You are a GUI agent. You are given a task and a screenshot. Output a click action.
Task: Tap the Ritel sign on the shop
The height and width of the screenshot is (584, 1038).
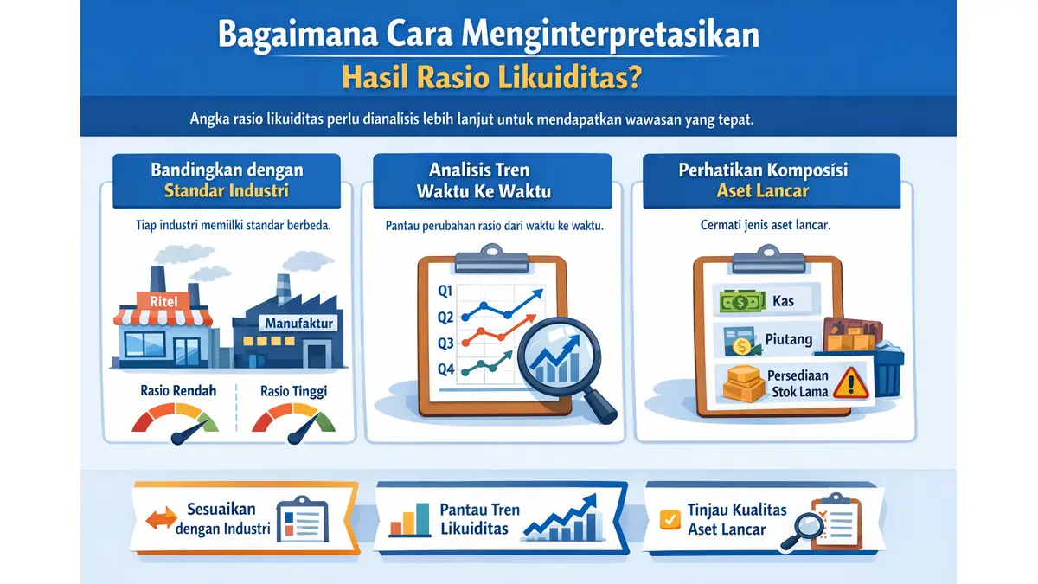click(x=163, y=301)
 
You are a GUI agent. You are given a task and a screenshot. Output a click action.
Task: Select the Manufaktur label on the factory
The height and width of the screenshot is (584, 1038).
click(x=297, y=324)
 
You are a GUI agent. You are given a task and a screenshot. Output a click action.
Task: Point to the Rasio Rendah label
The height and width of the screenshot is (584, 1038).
click(x=178, y=391)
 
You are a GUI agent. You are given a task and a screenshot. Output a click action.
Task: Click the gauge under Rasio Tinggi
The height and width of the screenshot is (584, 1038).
click(x=293, y=422)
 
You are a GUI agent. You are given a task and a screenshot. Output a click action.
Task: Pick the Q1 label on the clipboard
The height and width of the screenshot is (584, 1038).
click(x=445, y=291)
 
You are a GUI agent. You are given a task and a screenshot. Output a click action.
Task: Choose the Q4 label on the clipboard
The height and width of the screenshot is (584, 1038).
click(x=445, y=369)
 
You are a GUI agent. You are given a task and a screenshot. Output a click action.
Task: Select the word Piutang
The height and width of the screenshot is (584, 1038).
click(x=788, y=339)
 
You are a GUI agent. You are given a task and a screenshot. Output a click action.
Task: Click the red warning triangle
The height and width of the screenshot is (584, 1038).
click(x=852, y=382)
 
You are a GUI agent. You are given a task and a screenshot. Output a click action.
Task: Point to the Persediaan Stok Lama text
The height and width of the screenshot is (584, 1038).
click(x=797, y=383)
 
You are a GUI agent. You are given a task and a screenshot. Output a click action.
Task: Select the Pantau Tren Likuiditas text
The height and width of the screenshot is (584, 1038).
click(x=479, y=518)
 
